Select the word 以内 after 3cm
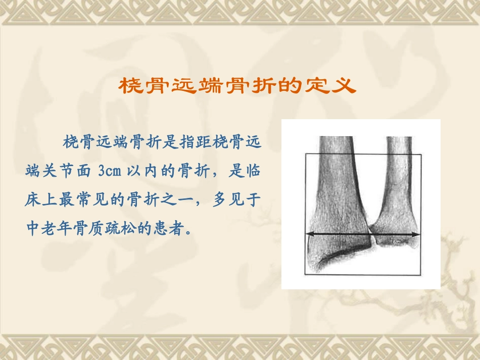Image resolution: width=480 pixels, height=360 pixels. pyautogui.click(x=146, y=171)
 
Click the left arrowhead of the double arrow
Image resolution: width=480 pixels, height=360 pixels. pyautogui.click(x=309, y=234)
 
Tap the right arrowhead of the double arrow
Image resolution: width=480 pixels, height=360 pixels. pyautogui.click(x=417, y=234)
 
